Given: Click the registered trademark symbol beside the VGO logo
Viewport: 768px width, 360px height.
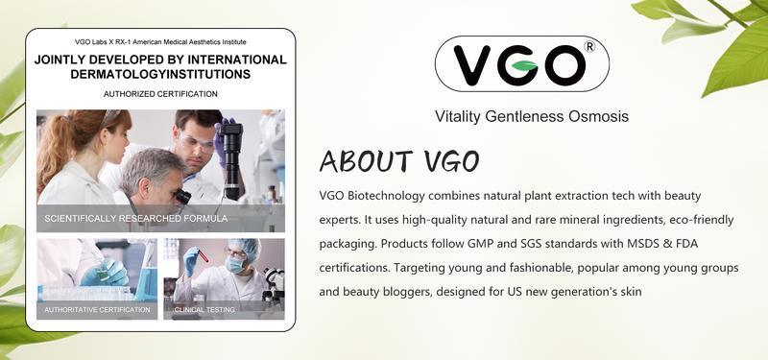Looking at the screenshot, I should click(590, 45).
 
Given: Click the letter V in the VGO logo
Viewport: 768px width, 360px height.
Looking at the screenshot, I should click(477, 65).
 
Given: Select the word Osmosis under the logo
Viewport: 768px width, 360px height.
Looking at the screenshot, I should click(595, 117).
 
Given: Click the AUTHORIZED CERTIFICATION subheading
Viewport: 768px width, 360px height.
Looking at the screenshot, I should click(160, 94).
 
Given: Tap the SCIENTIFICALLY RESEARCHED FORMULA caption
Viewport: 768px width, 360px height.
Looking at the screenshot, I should click(135, 219).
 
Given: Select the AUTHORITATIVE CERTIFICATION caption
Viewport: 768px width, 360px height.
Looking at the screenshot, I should click(97, 310).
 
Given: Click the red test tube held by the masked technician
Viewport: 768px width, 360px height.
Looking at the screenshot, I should click(192, 260).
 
